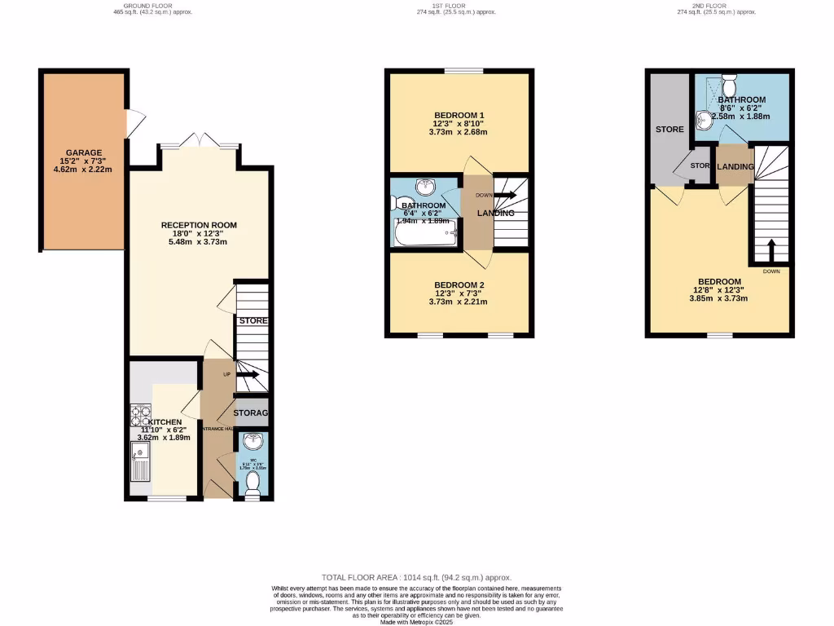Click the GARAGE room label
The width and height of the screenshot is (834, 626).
[84, 152]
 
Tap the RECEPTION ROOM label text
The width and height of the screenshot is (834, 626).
[199, 225]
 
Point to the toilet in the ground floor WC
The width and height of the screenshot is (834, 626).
[252, 483]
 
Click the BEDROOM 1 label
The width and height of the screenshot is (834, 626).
[459, 114]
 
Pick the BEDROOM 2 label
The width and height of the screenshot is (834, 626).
[459, 285]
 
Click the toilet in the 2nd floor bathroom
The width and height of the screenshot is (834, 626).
[729, 83]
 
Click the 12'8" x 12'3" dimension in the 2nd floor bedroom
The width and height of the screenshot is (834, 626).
[719, 290]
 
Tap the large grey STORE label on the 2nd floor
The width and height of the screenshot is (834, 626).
[669, 130]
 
